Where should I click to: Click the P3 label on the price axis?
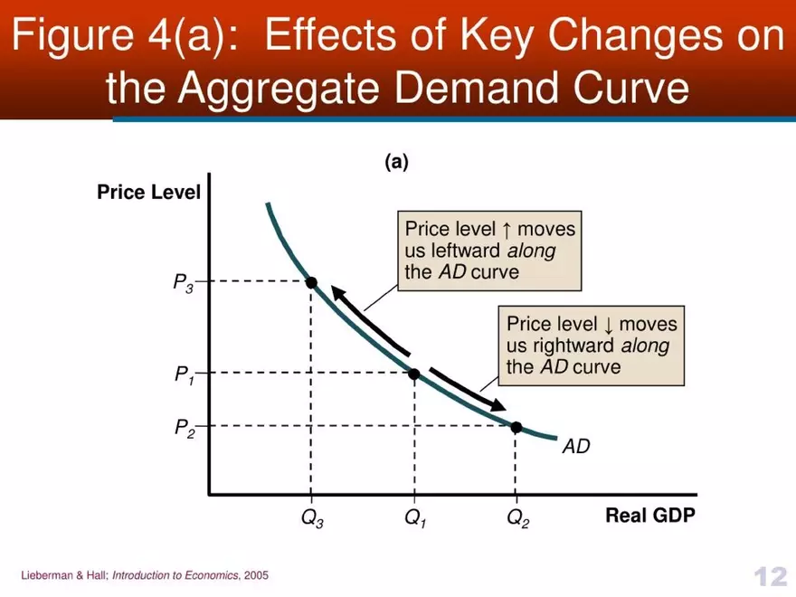click(x=184, y=283)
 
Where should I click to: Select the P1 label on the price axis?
click(x=185, y=374)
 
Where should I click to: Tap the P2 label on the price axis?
click(x=185, y=427)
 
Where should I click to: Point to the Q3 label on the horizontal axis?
click(x=312, y=520)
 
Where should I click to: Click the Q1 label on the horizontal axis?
click(x=415, y=520)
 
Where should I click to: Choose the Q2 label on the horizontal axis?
click(x=517, y=520)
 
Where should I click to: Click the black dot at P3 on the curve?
click(x=311, y=282)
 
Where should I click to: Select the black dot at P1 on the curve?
click(x=414, y=373)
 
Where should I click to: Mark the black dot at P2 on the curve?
click(x=516, y=426)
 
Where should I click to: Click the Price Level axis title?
click(x=149, y=193)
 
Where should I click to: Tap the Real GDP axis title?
click(x=650, y=516)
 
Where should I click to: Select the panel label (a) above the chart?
click(x=396, y=162)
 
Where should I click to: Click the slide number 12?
click(x=769, y=575)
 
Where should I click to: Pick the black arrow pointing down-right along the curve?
click(x=467, y=390)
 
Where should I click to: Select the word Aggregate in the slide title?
click(x=280, y=89)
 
